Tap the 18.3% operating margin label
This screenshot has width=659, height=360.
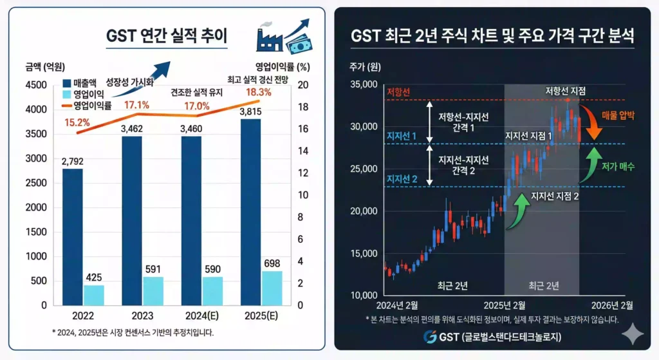tap(259, 92)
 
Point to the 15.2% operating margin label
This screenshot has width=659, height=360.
tap(78, 122)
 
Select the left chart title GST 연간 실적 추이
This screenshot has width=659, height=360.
tap(167, 35)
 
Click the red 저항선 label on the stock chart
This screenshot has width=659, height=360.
tap(398, 91)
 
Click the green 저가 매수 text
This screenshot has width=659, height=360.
tap(618, 166)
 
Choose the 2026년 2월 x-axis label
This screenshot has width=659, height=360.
tap(613, 305)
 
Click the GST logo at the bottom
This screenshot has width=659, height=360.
tap(431, 336)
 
